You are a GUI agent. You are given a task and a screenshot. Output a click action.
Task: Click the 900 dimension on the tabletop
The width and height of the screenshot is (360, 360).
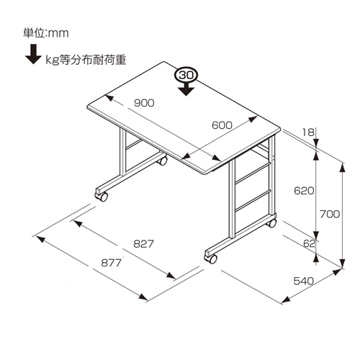pyautogui.click(x=144, y=103)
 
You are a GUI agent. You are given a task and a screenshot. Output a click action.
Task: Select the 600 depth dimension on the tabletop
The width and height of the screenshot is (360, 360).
pyautogui.click(x=222, y=125)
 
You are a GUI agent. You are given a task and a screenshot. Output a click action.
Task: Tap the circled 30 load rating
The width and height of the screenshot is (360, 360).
pyautogui.click(x=186, y=75)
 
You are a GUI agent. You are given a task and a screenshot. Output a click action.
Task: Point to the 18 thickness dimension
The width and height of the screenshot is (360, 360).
pyautogui.click(x=308, y=132)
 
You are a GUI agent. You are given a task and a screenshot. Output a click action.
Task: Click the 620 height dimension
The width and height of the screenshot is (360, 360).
pyautogui.click(x=304, y=191)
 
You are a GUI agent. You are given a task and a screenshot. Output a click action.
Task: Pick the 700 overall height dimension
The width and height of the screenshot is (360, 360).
pyautogui.click(x=330, y=214)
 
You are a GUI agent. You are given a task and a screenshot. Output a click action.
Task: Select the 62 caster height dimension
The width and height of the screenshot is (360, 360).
pyautogui.click(x=309, y=243)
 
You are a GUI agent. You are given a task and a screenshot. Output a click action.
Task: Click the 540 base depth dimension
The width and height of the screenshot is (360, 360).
pyautogui.click(x=304, y=281)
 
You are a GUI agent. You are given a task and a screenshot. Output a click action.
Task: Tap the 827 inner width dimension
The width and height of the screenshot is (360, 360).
pyautogui.click(x=143, y=244)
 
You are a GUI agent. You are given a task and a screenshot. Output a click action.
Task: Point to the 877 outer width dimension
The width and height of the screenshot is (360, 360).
pyautogui.click(x=111, y=263)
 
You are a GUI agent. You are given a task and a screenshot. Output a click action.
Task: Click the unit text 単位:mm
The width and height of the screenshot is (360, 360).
pyautogui.click(x=46, y=33)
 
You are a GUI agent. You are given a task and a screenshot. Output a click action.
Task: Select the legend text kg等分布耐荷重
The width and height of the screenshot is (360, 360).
pyautogui.click(x=86, y=60)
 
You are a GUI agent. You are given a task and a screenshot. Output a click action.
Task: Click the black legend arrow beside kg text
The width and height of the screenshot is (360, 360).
pyautogui.click(x=33, y=54)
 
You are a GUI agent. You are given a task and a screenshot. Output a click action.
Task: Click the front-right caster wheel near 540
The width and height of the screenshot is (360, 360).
pyautogui.click(x=211, y=258)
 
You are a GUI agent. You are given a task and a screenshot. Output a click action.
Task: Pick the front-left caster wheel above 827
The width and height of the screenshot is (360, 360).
pyautogui.click(x=102, y=196)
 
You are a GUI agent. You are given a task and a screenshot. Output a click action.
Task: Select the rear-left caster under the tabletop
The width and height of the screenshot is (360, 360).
pyautogui.click(x=162, y=161)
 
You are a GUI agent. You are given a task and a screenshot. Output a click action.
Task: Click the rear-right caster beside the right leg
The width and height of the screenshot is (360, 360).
pyautogui.click(x=271, y=223)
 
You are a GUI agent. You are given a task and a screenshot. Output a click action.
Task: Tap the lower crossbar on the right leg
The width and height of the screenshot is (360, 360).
pyautogui.click(x=253, y=201)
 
